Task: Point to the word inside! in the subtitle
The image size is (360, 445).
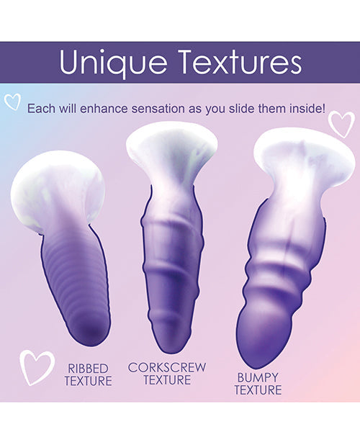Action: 304,109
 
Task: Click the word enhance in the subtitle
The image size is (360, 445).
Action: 119,109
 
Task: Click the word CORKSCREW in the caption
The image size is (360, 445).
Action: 167,367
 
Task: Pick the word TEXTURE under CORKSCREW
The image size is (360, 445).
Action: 167,379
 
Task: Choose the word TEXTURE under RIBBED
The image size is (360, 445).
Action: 88,381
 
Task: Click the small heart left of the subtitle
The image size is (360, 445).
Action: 12,102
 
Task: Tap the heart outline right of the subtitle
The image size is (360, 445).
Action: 341,123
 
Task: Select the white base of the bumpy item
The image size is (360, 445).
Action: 295,157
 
